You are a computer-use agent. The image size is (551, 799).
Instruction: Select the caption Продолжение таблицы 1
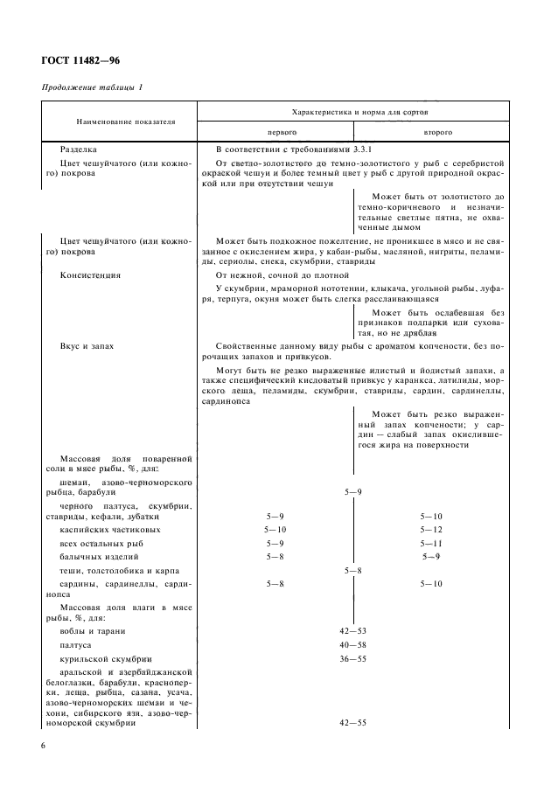pos(93,88)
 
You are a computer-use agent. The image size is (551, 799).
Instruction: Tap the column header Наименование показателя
pos(112,122)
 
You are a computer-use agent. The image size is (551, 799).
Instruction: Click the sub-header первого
pos(275,132)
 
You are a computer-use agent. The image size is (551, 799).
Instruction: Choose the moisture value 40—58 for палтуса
pos(353,643)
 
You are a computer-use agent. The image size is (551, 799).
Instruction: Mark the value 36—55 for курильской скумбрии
pos(353,658)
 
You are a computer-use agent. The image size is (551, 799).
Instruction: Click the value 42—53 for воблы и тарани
pos(353,630)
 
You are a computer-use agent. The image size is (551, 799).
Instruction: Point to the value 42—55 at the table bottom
pos(353,723)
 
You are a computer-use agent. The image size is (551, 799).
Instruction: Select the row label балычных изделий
pos(100,556)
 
